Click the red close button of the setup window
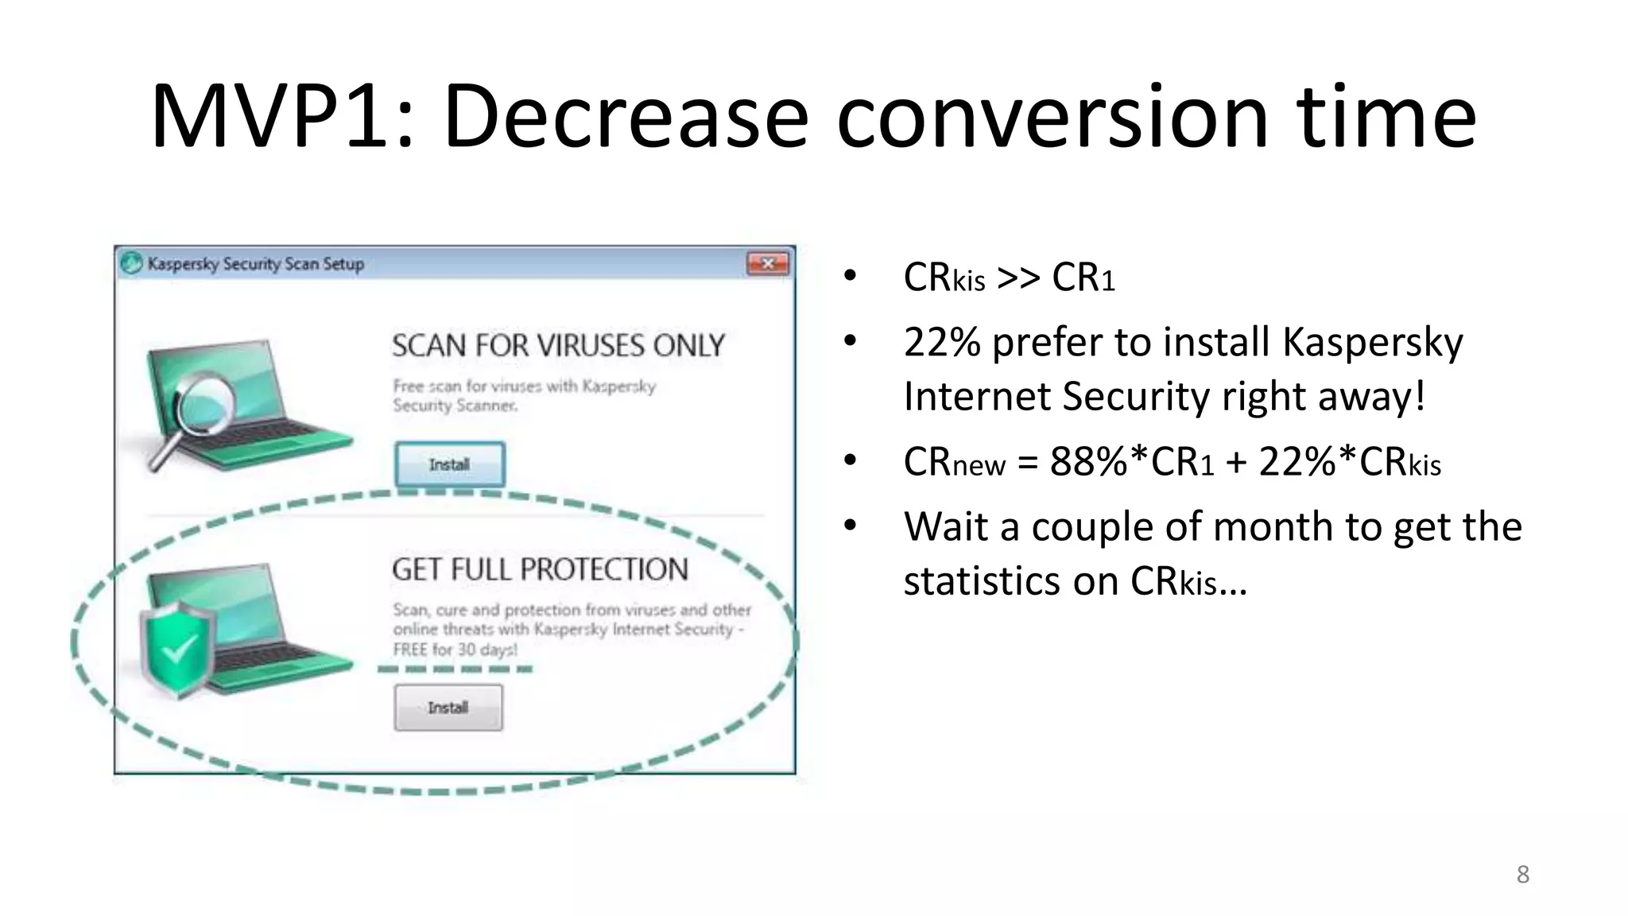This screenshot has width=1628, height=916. (768, 263)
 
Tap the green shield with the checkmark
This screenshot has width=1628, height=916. (176, 649)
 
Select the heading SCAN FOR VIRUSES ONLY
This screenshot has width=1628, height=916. (558, 346)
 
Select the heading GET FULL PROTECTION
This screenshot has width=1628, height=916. (540, 569)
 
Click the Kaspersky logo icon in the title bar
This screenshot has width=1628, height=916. (131, 263)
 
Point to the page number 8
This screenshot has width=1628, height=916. (1522, 875)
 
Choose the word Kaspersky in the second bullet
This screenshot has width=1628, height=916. (1372, 343)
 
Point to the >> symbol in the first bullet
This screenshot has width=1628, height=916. (1018, 278)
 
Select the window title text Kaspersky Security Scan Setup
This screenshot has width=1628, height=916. (255, 264)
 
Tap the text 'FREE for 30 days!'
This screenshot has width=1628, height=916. (455, 650)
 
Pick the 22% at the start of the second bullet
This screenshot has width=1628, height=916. (942, 343)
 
